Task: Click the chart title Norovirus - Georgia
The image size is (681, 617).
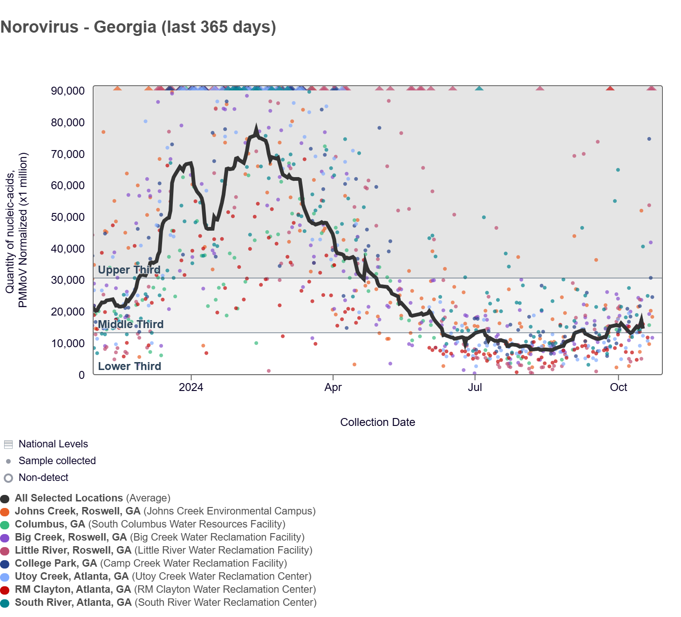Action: [x=138, y=27]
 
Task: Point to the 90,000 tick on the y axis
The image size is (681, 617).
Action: [x=68, y=91]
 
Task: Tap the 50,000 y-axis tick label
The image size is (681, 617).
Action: [x=68, y=217]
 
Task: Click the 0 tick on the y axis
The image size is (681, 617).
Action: [x=82, y=375]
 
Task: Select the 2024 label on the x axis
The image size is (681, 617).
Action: [x=191, y=387]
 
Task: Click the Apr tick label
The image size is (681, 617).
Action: [x=333, y=387]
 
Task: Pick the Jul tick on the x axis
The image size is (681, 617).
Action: [x=475, y=387]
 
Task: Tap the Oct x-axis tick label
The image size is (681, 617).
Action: [x=618, y=387]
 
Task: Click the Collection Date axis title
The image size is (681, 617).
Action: [x=377, y=422]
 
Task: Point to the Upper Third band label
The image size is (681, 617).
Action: [x=129, y=270]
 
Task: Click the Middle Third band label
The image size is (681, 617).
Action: [x=130, y=324]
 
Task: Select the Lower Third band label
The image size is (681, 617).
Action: [x=129, y=366]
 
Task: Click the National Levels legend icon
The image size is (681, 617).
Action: [x=8, y=444]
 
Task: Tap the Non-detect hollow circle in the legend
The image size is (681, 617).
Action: [x=8, y=478]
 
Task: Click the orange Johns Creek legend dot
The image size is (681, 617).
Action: [x=5, y=512]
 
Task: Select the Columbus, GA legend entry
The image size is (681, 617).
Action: [x=50, y=524]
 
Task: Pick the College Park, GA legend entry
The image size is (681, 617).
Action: [x=56, y=563]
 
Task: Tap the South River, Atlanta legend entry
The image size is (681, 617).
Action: [x=73, y=603]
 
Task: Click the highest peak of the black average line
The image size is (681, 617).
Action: [x=256, y=128]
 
